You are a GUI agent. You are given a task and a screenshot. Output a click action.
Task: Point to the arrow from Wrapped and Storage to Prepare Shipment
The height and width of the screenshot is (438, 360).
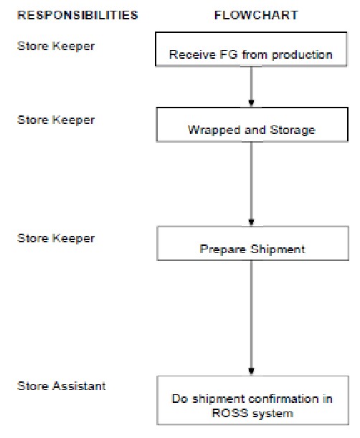pyautogui.click(x=251, y=184)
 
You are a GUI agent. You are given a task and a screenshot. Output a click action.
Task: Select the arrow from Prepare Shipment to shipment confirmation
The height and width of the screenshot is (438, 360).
pyautogui.click(x=251, y=315)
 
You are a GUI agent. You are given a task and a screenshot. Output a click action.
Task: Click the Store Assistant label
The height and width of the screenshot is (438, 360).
pyautogui.click(x=62, y=386)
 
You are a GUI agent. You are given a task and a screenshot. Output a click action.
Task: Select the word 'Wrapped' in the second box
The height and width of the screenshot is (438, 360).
pyautogui.click(x=209, y=130)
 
